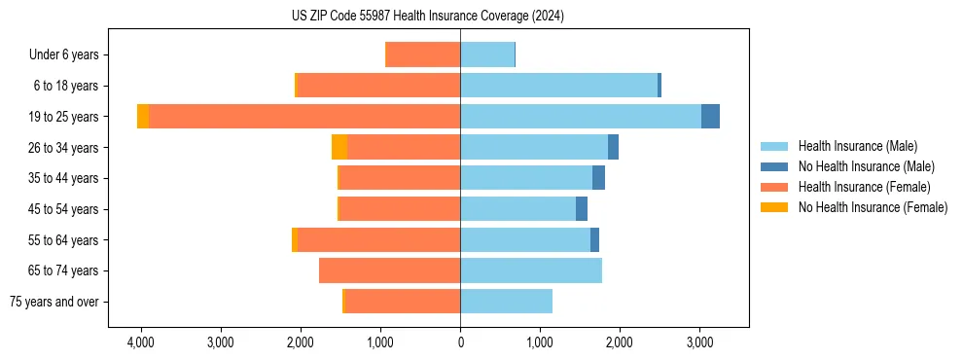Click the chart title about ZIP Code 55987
pos(427,17)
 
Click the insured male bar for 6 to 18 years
pos(558,86)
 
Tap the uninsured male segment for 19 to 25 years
pos(710,117)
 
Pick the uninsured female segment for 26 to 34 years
pos(339,147)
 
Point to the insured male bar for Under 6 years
pos(486,54)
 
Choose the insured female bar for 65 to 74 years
pos(389,270)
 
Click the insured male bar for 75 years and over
pos(506,302)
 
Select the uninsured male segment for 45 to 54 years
pos(582,209)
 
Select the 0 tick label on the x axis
pos(460,342)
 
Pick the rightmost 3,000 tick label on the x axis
pos(699,342)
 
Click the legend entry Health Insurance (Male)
pos(857,146)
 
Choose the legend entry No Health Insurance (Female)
pos(873,207)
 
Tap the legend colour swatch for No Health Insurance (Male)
pos(774,166)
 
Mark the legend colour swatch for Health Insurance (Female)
pos(774,187)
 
